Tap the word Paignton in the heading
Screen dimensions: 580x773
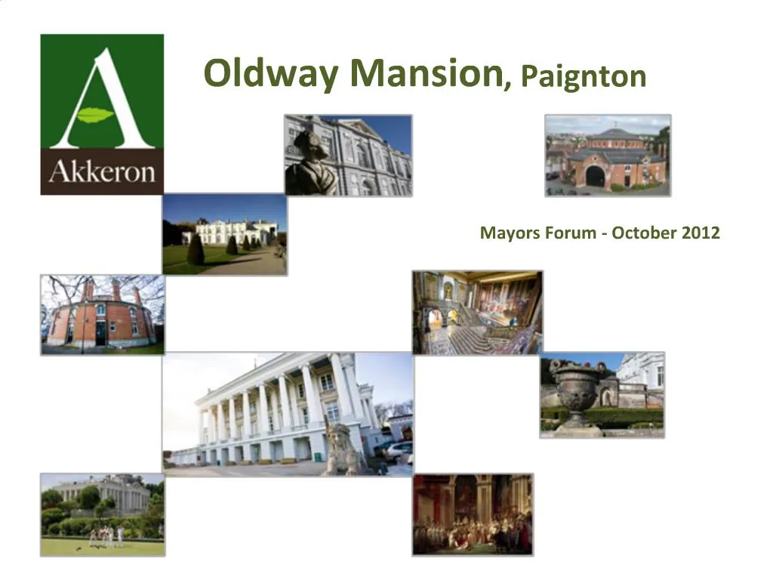tap(584, 76)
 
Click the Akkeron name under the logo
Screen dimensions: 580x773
tap(102, 171)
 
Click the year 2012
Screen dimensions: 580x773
tap(701, 233)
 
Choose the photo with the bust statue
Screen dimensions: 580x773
tap(348, 156)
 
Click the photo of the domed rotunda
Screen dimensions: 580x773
tap(608, 156)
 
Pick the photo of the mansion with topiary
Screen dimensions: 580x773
tap(224, 234)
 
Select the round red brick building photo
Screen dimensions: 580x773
tap(102, 314)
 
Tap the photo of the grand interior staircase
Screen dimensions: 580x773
tap(477, 312)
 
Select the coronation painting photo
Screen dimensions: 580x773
tap(473, 514)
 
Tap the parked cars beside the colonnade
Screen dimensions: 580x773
tap(397, 451)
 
